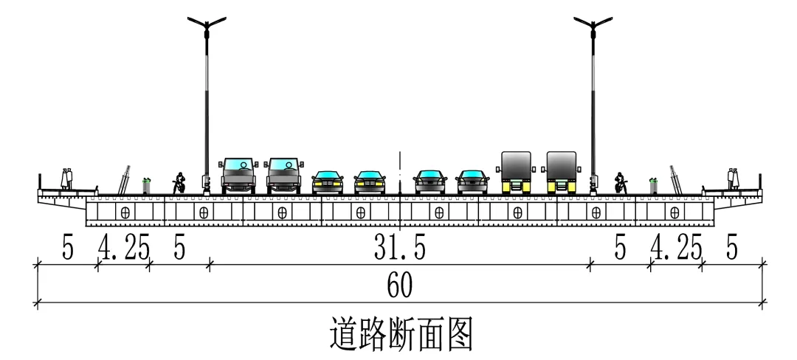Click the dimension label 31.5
coord(399,249)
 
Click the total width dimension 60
coord(399,285)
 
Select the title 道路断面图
coord(399,333)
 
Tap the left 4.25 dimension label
coord(124,249)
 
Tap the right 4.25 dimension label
coord(675,249)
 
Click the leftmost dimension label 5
coord(67,249)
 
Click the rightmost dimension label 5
coord(731,249)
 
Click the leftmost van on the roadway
coord(239,175)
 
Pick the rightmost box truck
coord(562,172)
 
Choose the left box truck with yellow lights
coord(516,172)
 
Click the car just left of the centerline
coord(370,181)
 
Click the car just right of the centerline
coord(429,181)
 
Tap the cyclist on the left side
coord(178,183)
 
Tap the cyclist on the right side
coord(621,183)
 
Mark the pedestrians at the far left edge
coord(67,179)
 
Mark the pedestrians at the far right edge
coord(733,179)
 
